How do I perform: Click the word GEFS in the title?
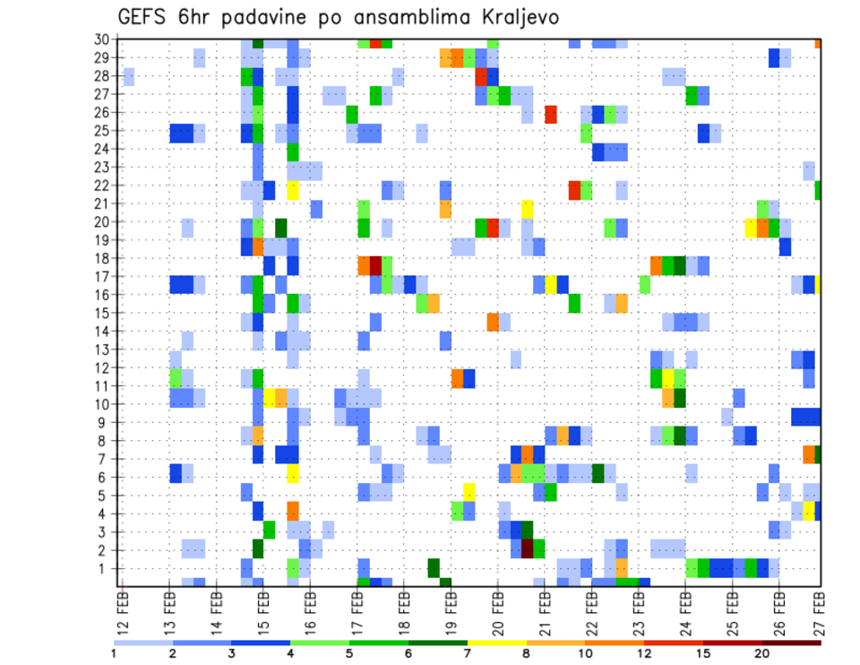tap(145, 17)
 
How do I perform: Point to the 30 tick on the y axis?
tap(103, 39)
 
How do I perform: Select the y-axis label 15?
tap(103, 313)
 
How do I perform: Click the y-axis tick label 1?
tap(106, 568)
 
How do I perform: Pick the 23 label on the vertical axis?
tap(103, 167)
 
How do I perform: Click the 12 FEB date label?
tap(123, 610)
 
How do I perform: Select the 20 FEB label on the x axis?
tap(498, 610)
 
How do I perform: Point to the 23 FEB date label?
tap(639, 610)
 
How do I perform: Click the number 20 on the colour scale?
tap(762, 653)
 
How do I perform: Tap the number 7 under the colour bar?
tap(468, 653)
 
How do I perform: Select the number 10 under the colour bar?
tap(586, 653)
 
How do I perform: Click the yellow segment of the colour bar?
tap(497, 643)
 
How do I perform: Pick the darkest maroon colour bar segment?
tap(792, 643)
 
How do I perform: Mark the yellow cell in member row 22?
tap(293, 190)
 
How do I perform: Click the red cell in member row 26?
tap(551, 114)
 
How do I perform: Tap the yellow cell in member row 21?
tap(528, 208)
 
